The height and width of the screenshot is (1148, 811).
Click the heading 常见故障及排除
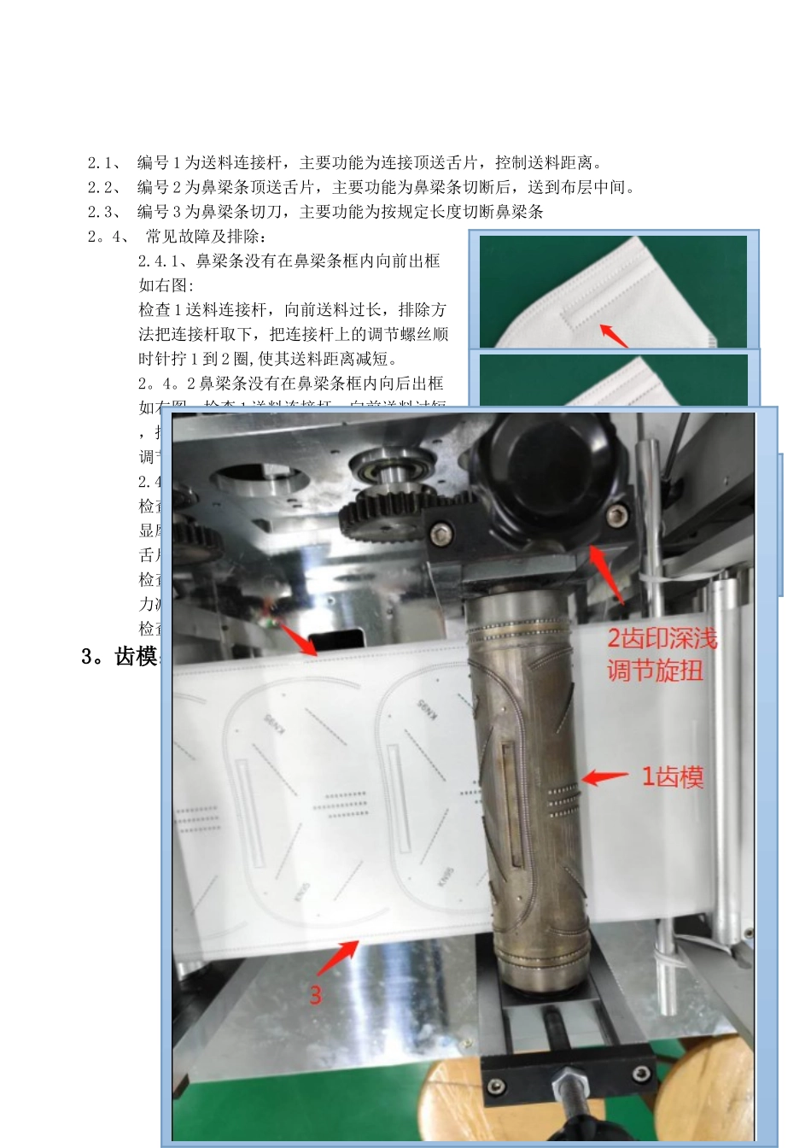point(206,237)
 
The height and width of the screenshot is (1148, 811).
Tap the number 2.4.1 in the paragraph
point(162,261)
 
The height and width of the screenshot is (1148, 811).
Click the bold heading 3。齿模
point(119,656)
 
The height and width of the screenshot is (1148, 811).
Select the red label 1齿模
point(673,777)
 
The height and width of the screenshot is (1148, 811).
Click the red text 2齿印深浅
point(662,639)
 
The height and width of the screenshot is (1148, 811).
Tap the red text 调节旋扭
point(655,671)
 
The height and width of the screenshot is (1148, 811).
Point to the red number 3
point(315,995)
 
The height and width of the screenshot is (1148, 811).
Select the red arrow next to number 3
point(338,958)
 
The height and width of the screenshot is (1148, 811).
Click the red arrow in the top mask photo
point(613,334)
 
